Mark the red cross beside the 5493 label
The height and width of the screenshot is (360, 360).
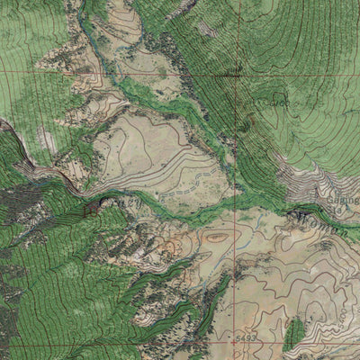pos(235,337)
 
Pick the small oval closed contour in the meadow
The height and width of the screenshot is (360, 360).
pos(216,238)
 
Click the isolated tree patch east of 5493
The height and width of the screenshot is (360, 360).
pos(293,334)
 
